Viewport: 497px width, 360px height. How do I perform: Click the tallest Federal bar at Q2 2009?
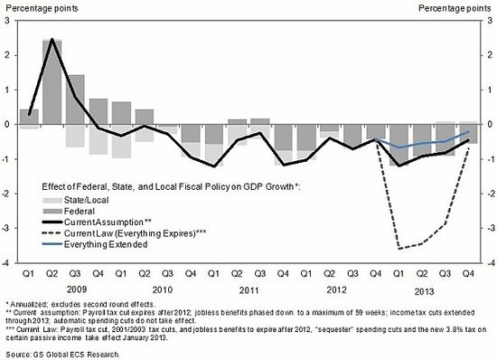click(x=52, y=81)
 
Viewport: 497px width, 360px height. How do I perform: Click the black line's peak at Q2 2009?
click(x=52, y=40)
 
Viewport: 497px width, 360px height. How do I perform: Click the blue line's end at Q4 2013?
click(x=468, y=132)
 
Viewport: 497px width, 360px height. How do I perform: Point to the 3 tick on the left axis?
click(x=8, y=21)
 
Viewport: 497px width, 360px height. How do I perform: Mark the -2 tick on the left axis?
click(x=7, y=194)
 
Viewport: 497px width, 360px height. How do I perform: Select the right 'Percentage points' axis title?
click(x=458, y=6)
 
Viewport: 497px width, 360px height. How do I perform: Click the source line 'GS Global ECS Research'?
click(x=63, y=353)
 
